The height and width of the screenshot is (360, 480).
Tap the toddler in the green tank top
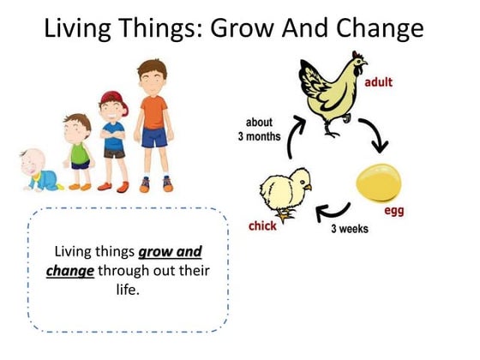click(x=79, y=153)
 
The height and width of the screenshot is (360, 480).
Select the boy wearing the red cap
click(x=113, y=141)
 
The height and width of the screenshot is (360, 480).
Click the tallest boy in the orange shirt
click(x=153, y=124)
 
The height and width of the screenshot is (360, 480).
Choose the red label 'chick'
click(x=262, y=225)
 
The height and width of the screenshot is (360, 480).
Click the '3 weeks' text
click(x=350, y=229)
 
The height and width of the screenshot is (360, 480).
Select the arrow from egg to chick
click(x=337, y=210)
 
